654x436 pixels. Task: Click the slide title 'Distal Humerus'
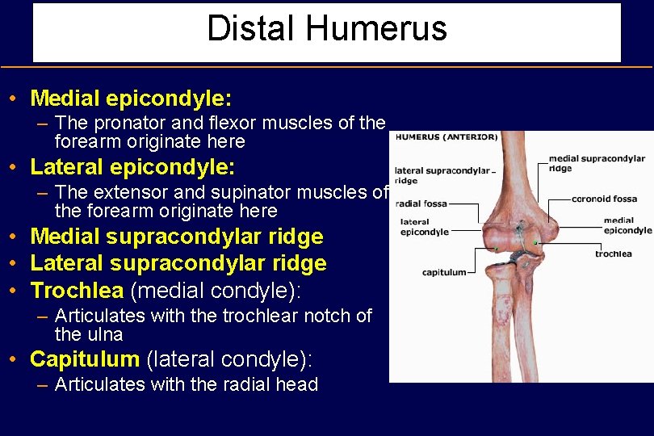326,29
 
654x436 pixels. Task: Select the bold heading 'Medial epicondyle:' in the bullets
131,99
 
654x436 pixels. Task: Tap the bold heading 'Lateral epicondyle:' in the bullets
132,168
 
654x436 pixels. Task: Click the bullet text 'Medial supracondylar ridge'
176,237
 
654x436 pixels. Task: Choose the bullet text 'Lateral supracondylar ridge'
178,263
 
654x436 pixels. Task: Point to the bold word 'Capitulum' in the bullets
85,358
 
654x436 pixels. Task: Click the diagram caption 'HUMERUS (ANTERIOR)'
446,137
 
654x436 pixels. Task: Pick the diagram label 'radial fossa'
421,203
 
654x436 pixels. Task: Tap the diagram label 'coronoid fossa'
604,199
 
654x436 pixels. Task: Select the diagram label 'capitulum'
443,272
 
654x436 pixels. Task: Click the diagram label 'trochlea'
613,254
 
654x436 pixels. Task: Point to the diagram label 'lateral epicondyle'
424,227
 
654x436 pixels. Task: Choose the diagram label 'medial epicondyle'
627,225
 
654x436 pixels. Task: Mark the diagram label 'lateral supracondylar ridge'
442,175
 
